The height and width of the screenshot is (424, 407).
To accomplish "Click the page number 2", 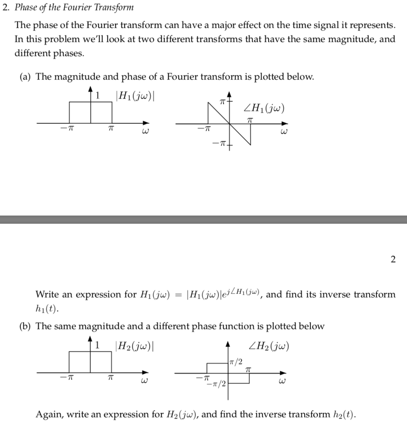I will point(393,260).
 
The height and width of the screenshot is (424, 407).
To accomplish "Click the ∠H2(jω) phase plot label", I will point(269,345).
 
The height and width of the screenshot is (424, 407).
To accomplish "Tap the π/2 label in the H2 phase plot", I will point(236,362).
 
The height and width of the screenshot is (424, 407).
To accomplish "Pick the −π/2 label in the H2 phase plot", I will point(216,384).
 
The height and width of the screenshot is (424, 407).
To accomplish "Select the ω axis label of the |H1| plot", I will point(145,132).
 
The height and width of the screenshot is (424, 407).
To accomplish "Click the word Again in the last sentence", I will point(48,414).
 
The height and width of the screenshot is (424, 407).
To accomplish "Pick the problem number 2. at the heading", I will point(6,7).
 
